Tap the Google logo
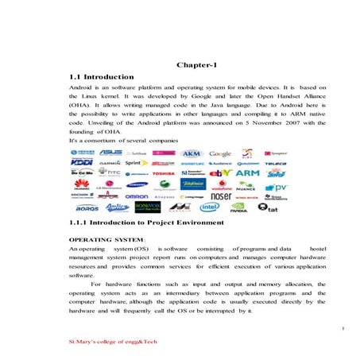tap(220, 153)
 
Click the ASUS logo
tap(110, 153)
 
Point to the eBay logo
tap(220, 172)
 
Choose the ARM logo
tap(247, 172)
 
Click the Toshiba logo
tap(163, 173)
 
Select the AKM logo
tap(192, 153)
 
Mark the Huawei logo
tap(83, 184)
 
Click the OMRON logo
tap(137, 195)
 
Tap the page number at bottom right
tap(341, 327)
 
